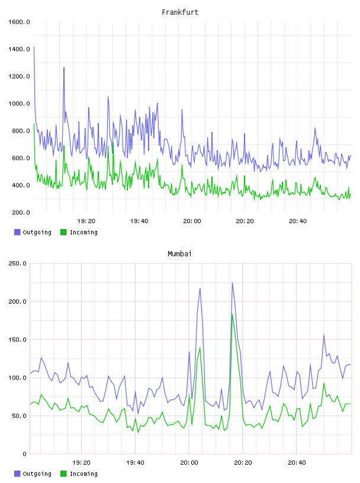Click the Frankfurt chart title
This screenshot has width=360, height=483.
click(x=180, y=12)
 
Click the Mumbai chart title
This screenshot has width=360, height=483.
click(x=179, y=253)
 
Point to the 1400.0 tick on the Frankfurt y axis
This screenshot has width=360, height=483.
click(x=19, y=49)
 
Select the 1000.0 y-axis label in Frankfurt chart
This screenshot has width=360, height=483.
click(x=19, y=104)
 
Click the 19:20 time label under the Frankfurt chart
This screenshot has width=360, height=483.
click(x=86, y=221)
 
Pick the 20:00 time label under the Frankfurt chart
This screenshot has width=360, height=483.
click(x=192, y=221)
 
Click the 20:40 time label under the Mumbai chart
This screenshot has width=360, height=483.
click(x=297, y=462)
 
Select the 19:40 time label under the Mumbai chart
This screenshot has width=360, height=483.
click(x=135, y=462)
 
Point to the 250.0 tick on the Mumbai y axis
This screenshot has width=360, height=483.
click(x=17, y=263)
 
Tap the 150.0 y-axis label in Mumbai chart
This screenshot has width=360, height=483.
click(x=17, y=339)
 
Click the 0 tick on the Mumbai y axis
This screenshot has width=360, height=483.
click(x=25, y=454)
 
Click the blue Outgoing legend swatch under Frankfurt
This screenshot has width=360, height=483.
click(x=17, y=232)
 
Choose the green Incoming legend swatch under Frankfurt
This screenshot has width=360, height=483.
click(x=63, y=232)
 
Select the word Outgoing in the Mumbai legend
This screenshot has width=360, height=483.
click(x=37, y=474)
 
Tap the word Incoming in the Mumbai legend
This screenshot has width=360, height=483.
click(x=83, y=474)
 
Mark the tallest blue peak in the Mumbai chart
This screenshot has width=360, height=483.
click(x=232, y=283)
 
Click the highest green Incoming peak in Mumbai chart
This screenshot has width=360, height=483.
click(x=232, y=314)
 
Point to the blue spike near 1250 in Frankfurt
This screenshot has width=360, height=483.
click(x=64, y=67)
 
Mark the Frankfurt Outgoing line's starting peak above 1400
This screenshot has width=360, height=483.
click(x=34, y=47)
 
